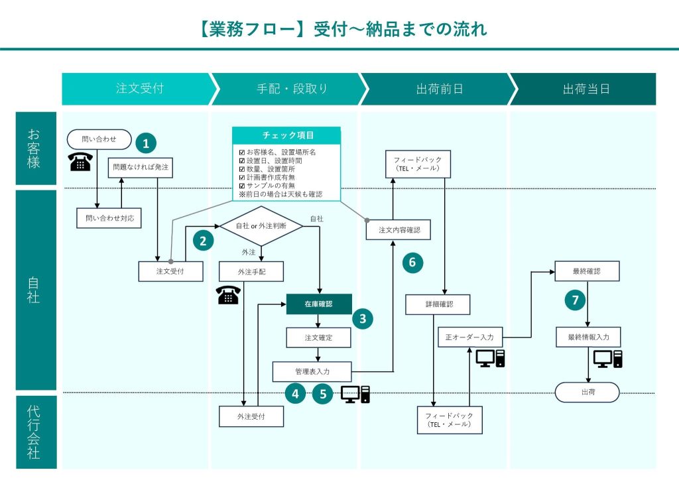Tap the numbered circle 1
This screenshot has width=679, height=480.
(146, 143)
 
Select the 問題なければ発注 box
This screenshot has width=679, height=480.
(141, 168)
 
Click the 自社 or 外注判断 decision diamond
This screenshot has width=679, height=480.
(261, 226)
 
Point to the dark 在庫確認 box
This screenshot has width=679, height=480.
(319, 304)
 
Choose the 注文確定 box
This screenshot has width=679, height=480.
(319, 337)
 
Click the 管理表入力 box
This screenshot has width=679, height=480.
(312, 371)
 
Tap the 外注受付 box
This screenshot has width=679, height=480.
(251, 416)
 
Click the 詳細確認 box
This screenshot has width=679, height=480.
(438, 304)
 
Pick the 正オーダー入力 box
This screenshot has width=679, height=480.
(470, 337)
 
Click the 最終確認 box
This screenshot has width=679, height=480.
(587, 270)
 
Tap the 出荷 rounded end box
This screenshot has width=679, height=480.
(587, 392)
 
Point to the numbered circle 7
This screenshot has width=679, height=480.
(576, 300)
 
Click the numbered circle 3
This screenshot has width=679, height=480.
(363, 319)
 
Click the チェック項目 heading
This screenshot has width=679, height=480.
(286, 135)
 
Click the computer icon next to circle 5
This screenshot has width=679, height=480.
(355, 394)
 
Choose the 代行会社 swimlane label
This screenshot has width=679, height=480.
(34, 431)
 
